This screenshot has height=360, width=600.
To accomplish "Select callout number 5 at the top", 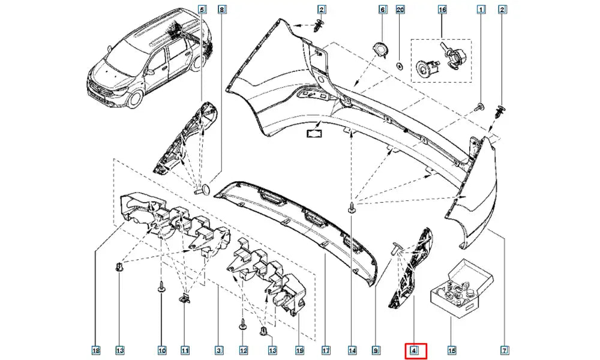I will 202,10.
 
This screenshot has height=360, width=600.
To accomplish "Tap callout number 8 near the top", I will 221,10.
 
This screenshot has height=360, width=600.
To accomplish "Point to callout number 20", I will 401,10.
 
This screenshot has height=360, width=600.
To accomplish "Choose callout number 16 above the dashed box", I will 442,10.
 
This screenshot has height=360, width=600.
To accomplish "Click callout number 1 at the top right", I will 481,10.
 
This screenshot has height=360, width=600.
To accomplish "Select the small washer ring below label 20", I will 400,64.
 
